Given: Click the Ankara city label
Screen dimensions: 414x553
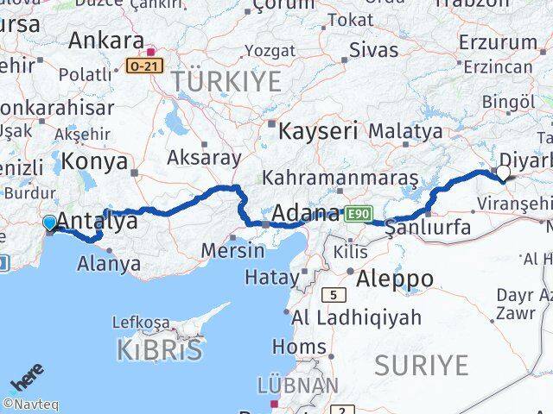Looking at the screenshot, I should point(105,40).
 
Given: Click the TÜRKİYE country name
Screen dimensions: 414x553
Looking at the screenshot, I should point(226,82).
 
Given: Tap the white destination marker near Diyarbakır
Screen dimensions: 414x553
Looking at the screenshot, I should point(503,172).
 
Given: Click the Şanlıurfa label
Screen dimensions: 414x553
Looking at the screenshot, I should point(428,229).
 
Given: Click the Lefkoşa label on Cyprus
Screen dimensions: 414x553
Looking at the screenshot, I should point(142,323).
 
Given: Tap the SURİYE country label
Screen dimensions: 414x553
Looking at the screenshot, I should point(421,365).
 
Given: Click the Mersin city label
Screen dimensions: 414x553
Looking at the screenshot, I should point(232,251).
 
